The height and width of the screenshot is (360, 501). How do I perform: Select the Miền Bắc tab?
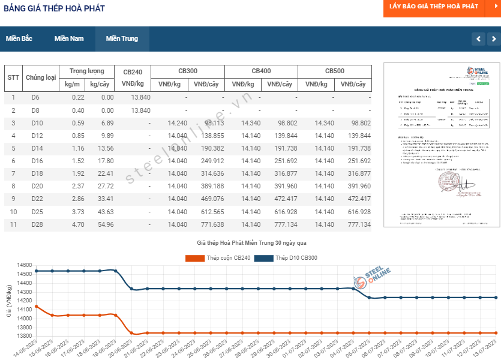click(19, 38)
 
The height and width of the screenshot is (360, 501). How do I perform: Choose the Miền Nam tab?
click(69, 38)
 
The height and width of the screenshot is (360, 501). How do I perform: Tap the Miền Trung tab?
click(122, 38)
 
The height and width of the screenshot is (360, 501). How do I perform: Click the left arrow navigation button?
click(478, 39)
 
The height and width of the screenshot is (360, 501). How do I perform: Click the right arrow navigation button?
click(494, 39)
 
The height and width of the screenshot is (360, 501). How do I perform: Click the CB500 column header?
click(335, 71)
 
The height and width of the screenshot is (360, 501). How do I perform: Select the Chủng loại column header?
click(41, 77)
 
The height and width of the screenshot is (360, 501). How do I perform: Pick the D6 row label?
click(35, 97)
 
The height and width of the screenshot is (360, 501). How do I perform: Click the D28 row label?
click(37, 224)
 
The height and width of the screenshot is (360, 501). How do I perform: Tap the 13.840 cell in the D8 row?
click(140, 110)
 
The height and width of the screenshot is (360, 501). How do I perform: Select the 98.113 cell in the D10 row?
click(214, 123)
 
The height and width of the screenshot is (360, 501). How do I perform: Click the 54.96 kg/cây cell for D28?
click(105, 224)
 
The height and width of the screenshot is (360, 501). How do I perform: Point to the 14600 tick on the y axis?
click(24, 265)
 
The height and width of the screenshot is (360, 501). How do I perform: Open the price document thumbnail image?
click(441, 145)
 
